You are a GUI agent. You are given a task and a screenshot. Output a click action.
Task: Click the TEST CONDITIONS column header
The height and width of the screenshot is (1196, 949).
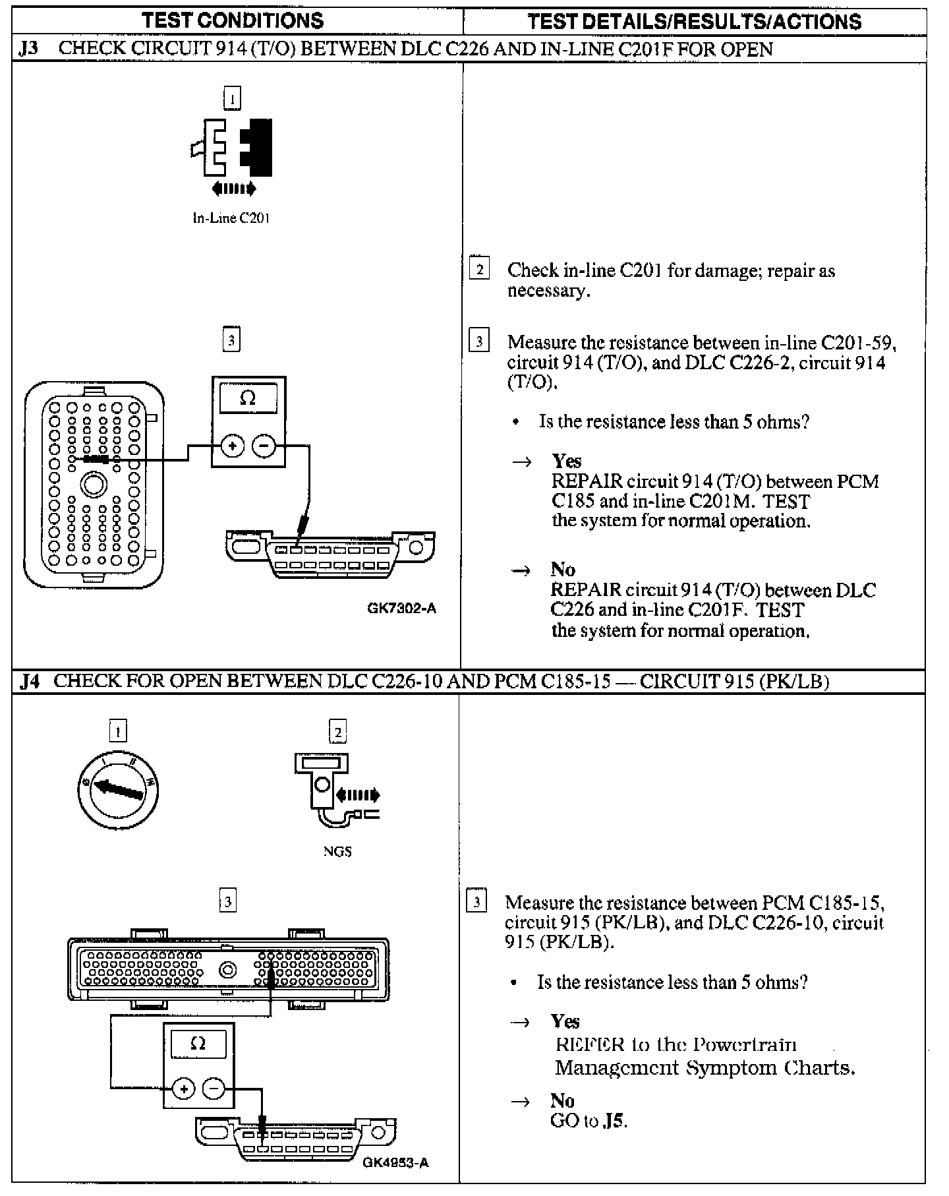click(x=233, y=20)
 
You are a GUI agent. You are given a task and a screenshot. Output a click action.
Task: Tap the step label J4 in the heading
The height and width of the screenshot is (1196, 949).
click(x=30, y=681)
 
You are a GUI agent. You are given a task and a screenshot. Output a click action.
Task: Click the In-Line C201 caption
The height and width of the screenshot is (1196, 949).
click(x=231, y=218)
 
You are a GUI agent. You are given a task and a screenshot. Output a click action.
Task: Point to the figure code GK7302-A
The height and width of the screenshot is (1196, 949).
click(x=401, y=608)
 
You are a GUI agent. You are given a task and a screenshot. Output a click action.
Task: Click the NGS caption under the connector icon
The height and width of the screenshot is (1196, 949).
click(x=337, y=851)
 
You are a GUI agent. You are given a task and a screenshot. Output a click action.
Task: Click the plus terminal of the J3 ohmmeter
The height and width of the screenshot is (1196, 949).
click(x=231, y=446)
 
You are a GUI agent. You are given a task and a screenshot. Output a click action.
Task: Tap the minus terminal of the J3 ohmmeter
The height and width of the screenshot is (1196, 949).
click(x=264, y=446)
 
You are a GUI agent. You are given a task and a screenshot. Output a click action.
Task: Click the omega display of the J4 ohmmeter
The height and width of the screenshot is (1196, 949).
click(x=198, y=1044)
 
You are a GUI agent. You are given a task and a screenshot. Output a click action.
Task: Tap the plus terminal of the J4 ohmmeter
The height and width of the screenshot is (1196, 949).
click(x=184, y=1089)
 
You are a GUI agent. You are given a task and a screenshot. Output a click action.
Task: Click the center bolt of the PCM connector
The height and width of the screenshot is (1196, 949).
click(x=229, y=971)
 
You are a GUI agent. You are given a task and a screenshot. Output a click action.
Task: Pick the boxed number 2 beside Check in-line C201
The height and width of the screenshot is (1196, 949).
click(x=479, y=269)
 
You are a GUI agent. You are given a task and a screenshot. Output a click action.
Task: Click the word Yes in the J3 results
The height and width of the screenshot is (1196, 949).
click(x=567, y=461)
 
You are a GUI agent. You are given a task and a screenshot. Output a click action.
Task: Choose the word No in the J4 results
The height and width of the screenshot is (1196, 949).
click(x=562, y=1100)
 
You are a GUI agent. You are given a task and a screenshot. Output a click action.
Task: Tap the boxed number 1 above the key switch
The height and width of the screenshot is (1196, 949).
click(x=118, y=731)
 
